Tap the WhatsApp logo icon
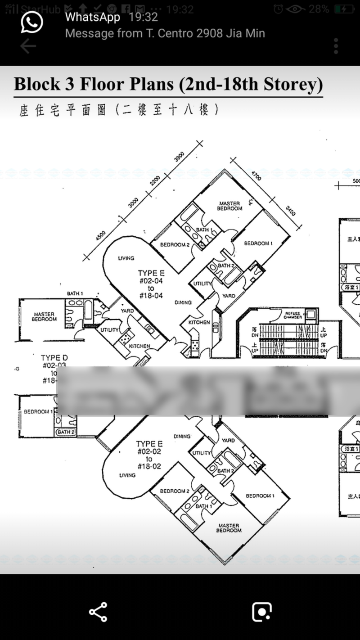pyautogui.click(x=32, y=23)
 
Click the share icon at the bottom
pyautogui.click(x=98, y=612)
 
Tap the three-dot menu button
pyautogui.click(x=336, y=45)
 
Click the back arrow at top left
pyautogui.click(x=28, y=45)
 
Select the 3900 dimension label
pyautogui.click(x=179, y=157)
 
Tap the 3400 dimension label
pyautogui.click(x=290, y=210)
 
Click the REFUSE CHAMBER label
pyautogui.click(x=292, y=315)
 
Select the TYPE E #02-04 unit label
pyautogui.click(x=151, y=284)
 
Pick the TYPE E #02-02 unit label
pyautogui.click(x=149, y=455)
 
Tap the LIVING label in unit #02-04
pyautogui.click(x=126, y=258)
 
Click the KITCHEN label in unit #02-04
pyautogui.click(x=199, y=322)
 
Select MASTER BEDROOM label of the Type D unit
pyautogui.click(x=44, y=316)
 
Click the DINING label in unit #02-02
pyautogui.click(x=182, y=436)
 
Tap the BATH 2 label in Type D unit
pyautogui.click(x=66, y=433)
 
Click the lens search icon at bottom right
pyautogui.click(x=261, y=612)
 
